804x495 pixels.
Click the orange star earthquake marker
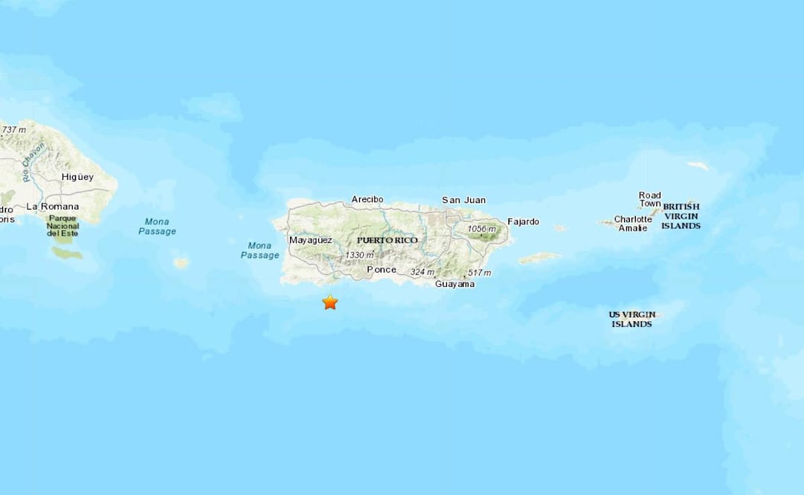(x=329, y=302)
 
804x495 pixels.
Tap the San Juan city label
(x=463, y=200)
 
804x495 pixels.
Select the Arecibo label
(x=367, y=199)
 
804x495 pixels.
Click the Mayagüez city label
(x=310, y=240)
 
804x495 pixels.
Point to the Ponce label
(x=381, y=270)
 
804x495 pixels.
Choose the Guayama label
(x=454, y=284)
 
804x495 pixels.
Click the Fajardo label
(x=523, y=221)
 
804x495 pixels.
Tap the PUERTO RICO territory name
(x=387, y=241)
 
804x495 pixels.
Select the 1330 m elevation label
(x=359, y=255)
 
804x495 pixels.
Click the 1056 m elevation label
(x=482, y=229)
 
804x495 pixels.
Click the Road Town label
(x=649, y=200)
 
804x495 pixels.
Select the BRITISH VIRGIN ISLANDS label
(x=681, y=216)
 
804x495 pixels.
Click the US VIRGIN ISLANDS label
(x=631, y=319)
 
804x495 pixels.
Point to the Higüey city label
(x=77, y=177)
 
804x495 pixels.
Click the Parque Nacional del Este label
(x=63, y=225)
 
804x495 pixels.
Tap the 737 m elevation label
(x=13, y=130)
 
